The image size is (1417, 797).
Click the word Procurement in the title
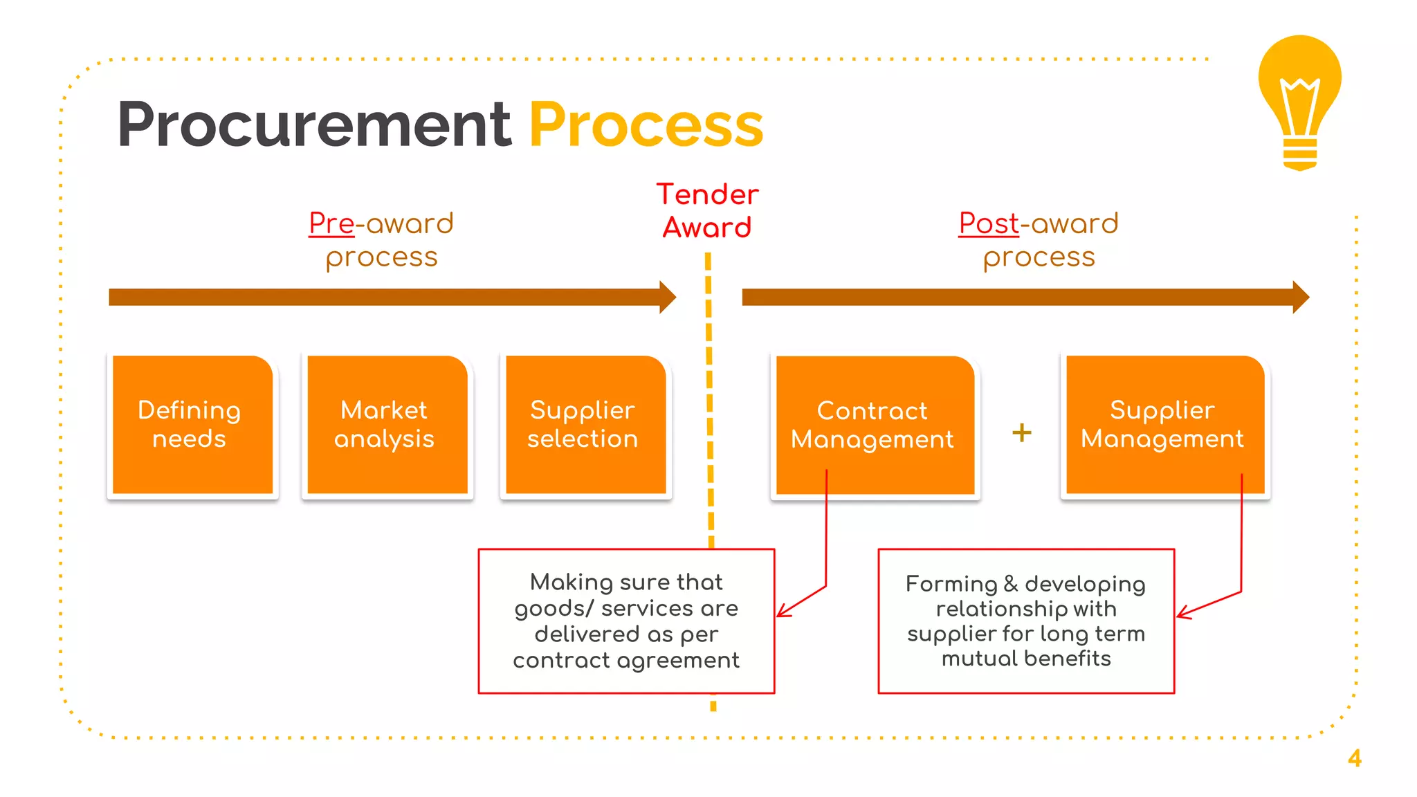coord(314,125)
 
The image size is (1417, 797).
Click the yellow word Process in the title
coord(646,125)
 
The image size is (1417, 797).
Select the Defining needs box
coord(192,425)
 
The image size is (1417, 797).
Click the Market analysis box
coord(386,425)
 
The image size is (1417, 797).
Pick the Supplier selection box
coord(585,425)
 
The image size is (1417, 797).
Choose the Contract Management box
coord(874,425)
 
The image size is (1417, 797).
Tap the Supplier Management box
coord(1164,425)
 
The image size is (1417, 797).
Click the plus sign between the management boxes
coord(1021,433)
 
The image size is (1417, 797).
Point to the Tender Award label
coord(707,211)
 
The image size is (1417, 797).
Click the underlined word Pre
coord(331,223)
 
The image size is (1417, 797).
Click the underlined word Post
coord(988,223)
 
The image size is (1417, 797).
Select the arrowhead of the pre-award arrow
coord(667,297)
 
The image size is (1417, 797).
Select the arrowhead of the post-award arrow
coord(1300,297)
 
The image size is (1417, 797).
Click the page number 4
coord(1354,758)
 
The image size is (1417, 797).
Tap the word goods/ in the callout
coord(553,609)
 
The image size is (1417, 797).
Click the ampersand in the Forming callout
coord(1010,584)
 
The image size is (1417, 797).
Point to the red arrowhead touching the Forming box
coord(1182,613)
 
